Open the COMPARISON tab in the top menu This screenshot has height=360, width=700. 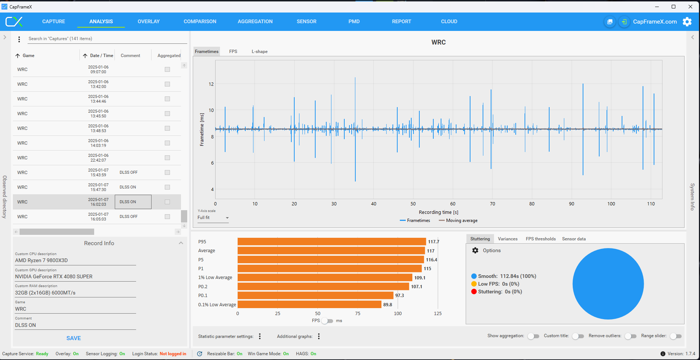coord(200,21)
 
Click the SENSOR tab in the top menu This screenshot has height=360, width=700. coord(306,21)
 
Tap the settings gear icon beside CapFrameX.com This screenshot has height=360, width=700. coord(687,22)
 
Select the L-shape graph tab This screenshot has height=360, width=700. coord(259,52)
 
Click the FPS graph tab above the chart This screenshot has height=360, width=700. coord(233,52)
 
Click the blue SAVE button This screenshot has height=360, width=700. coord(74,338)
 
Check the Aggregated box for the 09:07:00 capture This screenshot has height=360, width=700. coord(167,70)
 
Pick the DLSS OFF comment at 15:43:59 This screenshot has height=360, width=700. coord(129,172)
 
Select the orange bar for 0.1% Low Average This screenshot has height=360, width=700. coord(309,304)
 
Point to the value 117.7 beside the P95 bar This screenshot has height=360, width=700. coord(433,242)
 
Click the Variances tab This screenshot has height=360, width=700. coord(508,239)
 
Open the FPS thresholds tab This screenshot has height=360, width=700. coord(541,239)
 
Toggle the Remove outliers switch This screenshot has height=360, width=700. coord(630,336)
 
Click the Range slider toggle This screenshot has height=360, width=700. coord(676,336)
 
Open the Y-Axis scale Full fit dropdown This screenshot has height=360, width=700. coord(213,218)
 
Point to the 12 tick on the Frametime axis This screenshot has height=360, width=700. coord(211,84)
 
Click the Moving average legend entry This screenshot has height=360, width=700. coord(461,220)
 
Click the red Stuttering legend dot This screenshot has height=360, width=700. coord(474,292)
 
